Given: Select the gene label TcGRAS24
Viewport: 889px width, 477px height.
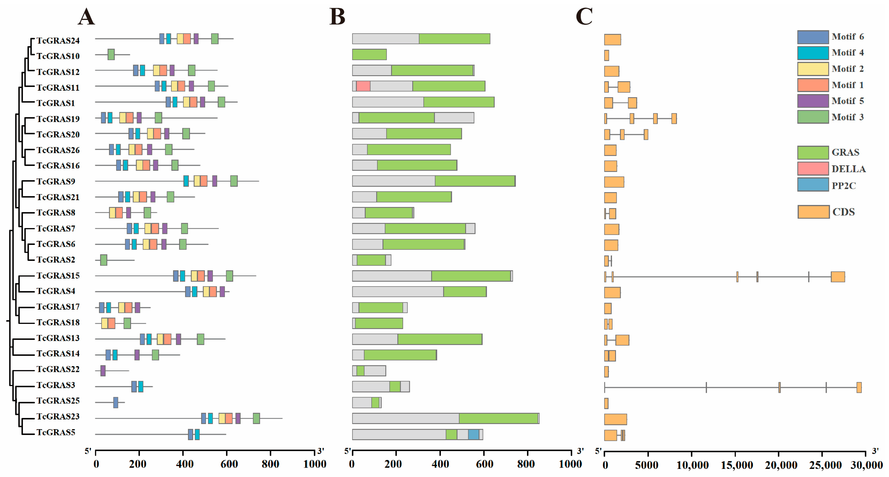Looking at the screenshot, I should click(58, 41).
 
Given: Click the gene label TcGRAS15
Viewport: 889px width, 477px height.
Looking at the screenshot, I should click(58, 275).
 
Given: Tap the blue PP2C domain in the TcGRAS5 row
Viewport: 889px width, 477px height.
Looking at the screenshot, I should click(474, 435).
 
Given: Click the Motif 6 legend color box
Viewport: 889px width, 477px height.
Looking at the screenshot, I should click(813, 37).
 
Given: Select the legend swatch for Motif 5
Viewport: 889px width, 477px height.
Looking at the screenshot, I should click(813, 101).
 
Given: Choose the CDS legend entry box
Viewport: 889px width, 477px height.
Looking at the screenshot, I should click(813, 212).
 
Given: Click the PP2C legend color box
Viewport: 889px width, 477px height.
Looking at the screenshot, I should click(813, 184).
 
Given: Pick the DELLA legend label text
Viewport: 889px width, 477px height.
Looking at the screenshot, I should click(849, 169).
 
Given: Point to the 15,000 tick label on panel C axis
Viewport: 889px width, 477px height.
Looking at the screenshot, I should click(737, 465).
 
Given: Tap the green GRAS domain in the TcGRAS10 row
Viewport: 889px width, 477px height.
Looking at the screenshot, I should click(369, 55).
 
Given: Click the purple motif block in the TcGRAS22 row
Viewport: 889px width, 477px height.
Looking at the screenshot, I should click(103, 371).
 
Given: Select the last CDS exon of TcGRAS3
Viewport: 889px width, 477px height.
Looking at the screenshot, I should click(859, 387).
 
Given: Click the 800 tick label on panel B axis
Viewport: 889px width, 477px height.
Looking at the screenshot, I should click(526, 464).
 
